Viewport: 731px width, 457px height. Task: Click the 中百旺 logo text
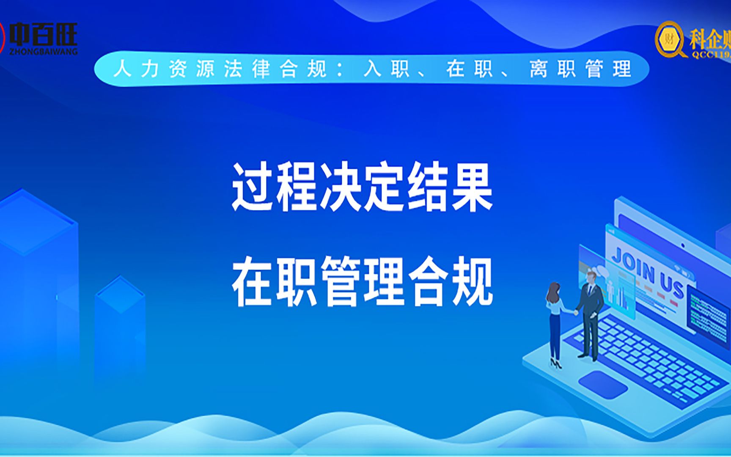click(x=44, y=34)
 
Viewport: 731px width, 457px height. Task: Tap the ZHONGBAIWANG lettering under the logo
click(x=44, y=52)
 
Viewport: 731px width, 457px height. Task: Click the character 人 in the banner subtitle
click(x=122, y=69)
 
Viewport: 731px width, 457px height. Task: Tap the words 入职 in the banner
click(x=386, y=69)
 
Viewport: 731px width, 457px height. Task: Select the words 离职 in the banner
click(x=552, y=69)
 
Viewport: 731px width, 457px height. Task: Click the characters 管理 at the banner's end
click(x=608, y=69)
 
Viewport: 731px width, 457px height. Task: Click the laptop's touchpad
click(x=602, y=384)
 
